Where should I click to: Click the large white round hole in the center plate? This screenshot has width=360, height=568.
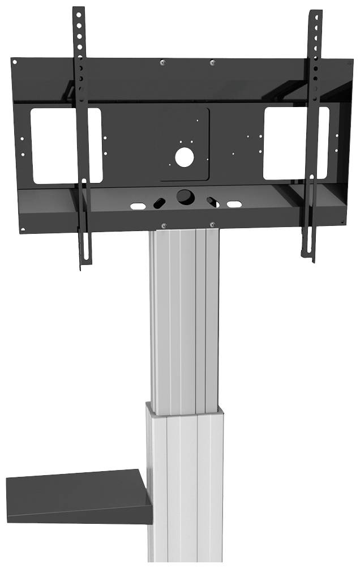(x=185, y=156)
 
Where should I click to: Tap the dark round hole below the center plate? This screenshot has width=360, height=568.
(x=185, y=197)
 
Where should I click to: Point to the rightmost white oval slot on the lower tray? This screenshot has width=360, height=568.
(x=234, y=203)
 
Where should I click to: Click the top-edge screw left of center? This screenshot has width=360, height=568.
(x=163, y=62)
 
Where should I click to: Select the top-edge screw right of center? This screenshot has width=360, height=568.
(x=212, y=62)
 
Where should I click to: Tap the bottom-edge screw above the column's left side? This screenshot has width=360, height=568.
(x=163, y=225)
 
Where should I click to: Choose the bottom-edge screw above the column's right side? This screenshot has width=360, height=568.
(x=213, y=224)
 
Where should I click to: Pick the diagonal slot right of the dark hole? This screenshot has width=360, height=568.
(x=212, y=201)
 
